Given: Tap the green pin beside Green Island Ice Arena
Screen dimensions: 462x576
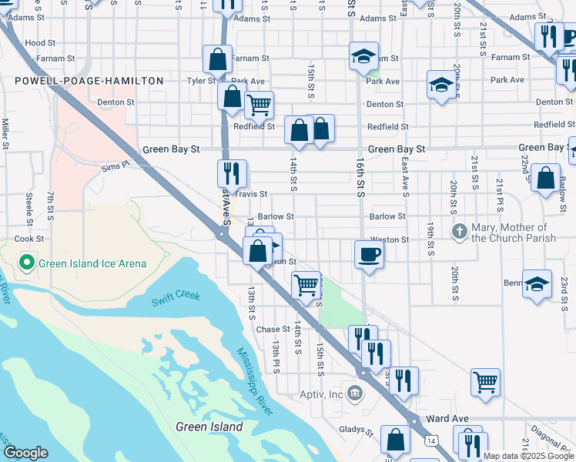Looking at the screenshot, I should pyautogui.click(x=25, y=263).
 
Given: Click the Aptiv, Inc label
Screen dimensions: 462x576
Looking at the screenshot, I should pyautogui.click(x=320, y=395).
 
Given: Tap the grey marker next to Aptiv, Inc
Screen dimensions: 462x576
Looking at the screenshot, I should pyautogui.click(x=355, y=395).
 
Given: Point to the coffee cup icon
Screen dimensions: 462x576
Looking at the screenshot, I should pyautogui.click(x=369, y=255).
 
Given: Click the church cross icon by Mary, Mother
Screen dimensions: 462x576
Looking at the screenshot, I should pyautogui.click(x=459, y=231).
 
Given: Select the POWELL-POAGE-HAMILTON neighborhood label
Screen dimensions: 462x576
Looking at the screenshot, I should pyautogui.click(x=89, y=81).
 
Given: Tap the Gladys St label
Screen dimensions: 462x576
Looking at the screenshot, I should pyautogui.click(x=355, y=431).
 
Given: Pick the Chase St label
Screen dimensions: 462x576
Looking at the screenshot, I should pyautogui.click(x=273, y=329).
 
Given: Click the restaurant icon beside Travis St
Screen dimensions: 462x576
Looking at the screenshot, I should pyautogui.click(x=231, y=174).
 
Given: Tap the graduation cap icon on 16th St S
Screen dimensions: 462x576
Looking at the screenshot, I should pyautogui.click(x=363, y=56).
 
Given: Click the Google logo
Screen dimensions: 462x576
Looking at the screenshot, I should pyautogui.click(x=26, y=453).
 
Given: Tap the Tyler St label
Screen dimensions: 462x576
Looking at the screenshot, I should pyautogui.click(x=199, y=80).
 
